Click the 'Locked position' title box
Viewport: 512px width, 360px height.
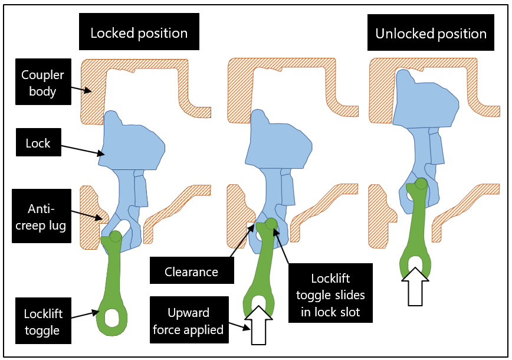coord(139,32)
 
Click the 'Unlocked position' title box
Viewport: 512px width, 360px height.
coord(431,33)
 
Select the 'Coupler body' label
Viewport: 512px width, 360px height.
coord(42,83)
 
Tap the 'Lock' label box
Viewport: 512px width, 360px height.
coord(38,143)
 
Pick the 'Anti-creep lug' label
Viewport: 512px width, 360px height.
coord(42,216)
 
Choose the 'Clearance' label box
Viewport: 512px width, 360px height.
coord(191,272)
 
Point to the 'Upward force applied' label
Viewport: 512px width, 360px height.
coord(188,320)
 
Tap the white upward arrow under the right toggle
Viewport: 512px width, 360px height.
coord(416,287)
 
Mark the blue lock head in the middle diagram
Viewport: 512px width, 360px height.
coord(278,142)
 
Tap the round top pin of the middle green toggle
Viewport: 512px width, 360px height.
coord(271,224)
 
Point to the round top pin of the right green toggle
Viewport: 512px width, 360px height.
coord(420,184)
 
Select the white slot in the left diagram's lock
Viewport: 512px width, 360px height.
coord(122,226)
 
